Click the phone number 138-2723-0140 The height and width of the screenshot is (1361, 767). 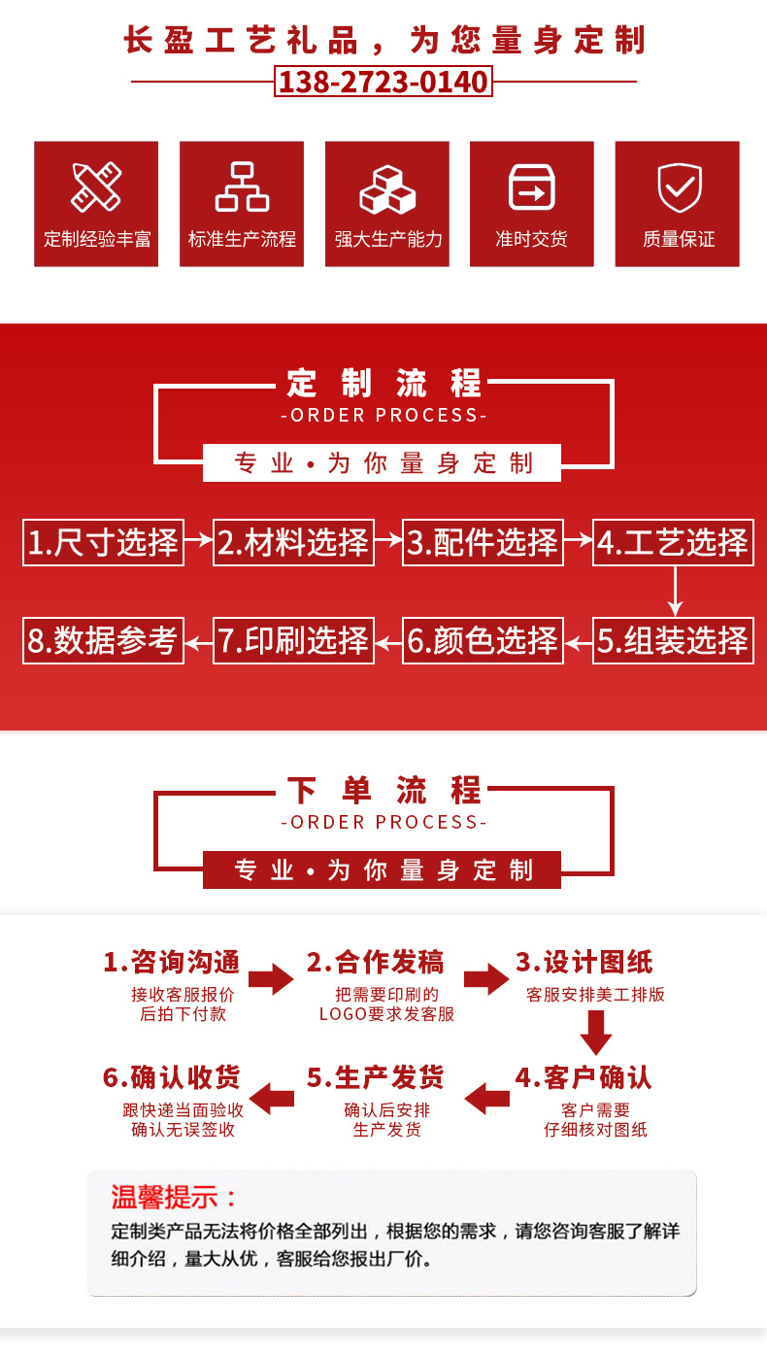pyautogui.click(x=383, y=82)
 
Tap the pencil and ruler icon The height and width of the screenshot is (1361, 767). pyautogui.click(x=96, y=187)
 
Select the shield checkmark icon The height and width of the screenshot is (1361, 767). pyautogui.click(x=679, y=187)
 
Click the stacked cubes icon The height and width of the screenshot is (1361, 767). pyautogui.click(x=387, y=188)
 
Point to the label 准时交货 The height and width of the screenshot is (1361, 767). pyautogui.click(x=531, y=239)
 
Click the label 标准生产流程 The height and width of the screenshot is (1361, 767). pyautogui.click(x=242, y=239)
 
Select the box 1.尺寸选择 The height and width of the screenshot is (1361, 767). pyautogui.click(x=103, y=542)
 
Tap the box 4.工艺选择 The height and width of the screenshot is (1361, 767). pyautogui.click(x=673, y=542)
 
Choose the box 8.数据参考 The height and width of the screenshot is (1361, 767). pyautogui.click(x=103, y=641)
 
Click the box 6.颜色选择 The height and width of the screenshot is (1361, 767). pyautogui.click(x=483, y=641)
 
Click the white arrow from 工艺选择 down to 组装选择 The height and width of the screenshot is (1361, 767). pyautogui.click(x=675, y=591)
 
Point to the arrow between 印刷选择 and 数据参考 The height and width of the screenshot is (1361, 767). pyautogui.click(x=198, y=641)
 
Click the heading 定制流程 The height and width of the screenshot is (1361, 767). pyautogui.click(x=383, y=384)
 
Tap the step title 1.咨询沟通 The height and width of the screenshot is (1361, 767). pyautogui.click(x=172, y=963)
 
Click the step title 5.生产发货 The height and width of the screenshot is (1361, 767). pyautogui.click(x=376, y=1077)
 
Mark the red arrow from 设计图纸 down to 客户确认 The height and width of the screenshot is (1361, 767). pyautogui.click(x=595, y=1032)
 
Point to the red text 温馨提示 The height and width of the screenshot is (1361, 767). pyautogui.click(x=174, y=1196)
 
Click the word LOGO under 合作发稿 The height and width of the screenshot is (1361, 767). pyautogui.click(x=342, y=1014)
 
